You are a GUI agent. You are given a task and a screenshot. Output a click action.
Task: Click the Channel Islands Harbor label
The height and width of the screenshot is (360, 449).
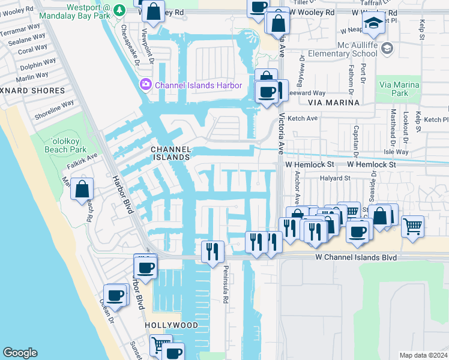(198, 85)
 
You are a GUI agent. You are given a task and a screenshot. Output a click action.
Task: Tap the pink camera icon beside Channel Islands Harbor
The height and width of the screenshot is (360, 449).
(145, 85)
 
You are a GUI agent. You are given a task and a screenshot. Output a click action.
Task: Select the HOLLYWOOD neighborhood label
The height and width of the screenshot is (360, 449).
(171, 325)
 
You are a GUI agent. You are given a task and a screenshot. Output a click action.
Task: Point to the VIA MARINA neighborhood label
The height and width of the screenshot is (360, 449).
(333, 103)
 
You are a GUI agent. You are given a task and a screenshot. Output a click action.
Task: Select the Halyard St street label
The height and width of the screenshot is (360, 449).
(335, 178)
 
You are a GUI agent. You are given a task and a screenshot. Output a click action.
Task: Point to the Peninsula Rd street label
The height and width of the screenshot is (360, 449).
(226, 279)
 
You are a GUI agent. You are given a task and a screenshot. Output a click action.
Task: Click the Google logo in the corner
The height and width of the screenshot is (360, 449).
(20, 353)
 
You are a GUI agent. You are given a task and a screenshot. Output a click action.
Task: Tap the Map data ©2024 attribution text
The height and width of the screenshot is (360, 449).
(423, 355)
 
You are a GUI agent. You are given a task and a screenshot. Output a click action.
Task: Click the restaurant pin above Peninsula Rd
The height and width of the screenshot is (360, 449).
(212, 251)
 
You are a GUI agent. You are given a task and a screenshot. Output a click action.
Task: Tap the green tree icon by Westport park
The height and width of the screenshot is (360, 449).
(119, 10)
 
